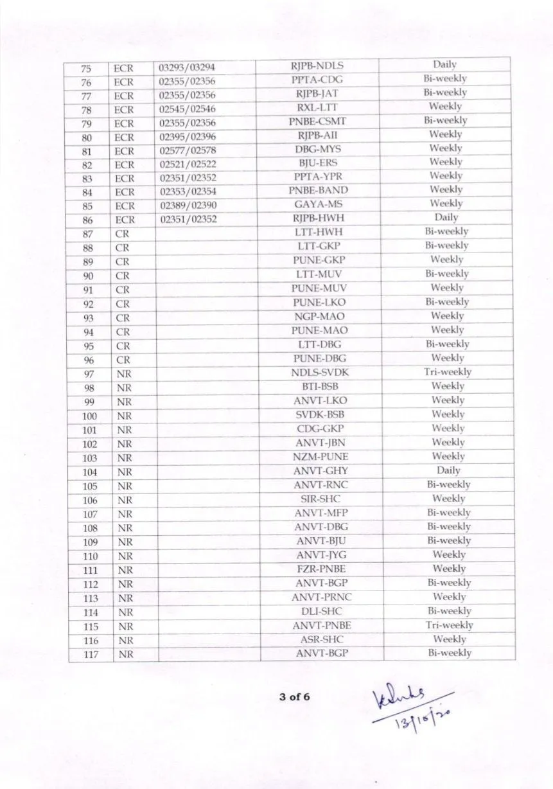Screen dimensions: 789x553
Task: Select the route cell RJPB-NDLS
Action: pyautogui.click(x=317, y=66)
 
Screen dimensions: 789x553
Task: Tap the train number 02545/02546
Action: pyautogui.click(x=188, y=109)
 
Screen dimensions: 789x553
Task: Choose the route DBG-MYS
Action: pyautogui.click(x=318, y=150)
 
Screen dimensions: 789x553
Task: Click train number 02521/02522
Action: pyautogui.click(x=188, y=164)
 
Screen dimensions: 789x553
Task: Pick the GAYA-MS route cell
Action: pyautogui.click(x=319, y=204)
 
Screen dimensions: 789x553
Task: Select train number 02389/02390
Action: pyautogui.click(x=188, y=206)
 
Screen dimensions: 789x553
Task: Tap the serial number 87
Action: pyautogui.click(x=88, y=234)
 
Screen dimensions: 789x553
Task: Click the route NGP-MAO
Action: pyautogui.click(x=320, y=317)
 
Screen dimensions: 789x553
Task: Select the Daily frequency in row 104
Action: pyautogui.click(x=448, y=470)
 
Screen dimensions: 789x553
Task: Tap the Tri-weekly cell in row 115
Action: pyautogui.click(x=449, y=625)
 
